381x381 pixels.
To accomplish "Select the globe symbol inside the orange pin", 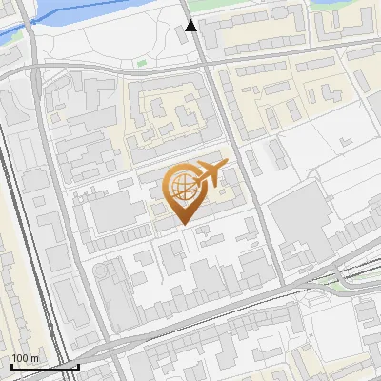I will click(181, 188).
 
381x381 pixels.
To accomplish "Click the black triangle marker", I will click(191, 26).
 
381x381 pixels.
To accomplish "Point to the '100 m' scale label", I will click(26, 358).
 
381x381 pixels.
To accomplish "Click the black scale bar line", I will click(44, 367).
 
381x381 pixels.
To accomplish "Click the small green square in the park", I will click(142, 63).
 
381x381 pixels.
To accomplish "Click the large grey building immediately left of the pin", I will click(118, 213).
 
